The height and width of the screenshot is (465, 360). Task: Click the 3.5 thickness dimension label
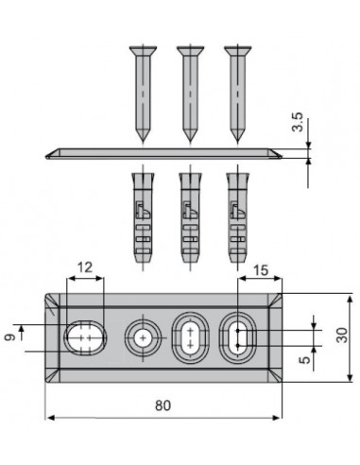coord(298,122)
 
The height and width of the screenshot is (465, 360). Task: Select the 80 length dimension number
coord(163,405)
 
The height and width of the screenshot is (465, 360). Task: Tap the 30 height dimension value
coord(341,336)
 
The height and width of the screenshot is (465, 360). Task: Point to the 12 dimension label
coord(85,267)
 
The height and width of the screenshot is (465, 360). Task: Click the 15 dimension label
coord(261,270)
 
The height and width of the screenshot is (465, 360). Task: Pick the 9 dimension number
coord(9,337)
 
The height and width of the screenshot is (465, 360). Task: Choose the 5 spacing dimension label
coord(304,360)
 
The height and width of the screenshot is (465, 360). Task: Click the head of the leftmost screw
coord(143,50)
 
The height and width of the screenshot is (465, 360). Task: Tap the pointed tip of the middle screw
coord(190,141)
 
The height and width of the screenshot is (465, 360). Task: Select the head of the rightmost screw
coord(237,50)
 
